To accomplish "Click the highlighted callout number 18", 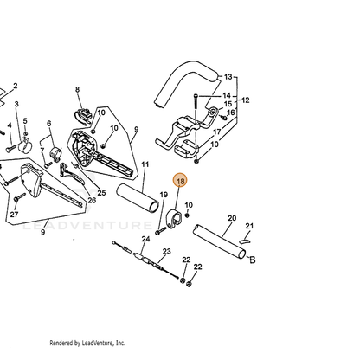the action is pyautogui.click(x=180, y=182).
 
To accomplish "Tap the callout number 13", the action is pyautogui.click(x=228, y=77).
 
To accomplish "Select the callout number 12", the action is pyautogui.click(x=245, y=100).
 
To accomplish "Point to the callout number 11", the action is pyautogui.click(x=145, y=164).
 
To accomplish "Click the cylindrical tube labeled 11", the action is pyautogui.click(x=138, y=198).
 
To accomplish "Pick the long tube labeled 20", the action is pyautogui.click(x=219, y=241).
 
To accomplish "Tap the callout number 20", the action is pyautogui.click(x=232, y=218).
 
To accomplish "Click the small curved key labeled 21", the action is pyautogui.click(x=245, y=241).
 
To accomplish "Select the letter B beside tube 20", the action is pyautogui.click(x=252, y=260).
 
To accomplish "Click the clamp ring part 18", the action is pyautogui.click(x=174, y=219).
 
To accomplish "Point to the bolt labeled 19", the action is pyautogui.click(x=161, y=231).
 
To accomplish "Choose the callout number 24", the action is pyautogui.click(x=145, y=239).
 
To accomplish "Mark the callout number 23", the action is pyautogui.click(x=166, y=252).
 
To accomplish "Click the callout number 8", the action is pyautogui.click(x=77, y=89).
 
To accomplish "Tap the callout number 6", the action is pyautogui.click(x=49, y=124).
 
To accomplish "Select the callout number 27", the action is pyautogui.click(x=14, y=215).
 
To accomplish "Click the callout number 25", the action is pyautogui.click(x=101, y=193).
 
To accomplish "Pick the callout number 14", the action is pyautogui.click(x=227, y=95).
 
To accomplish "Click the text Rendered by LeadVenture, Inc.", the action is pyautogui.click(x=87, y=343).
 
